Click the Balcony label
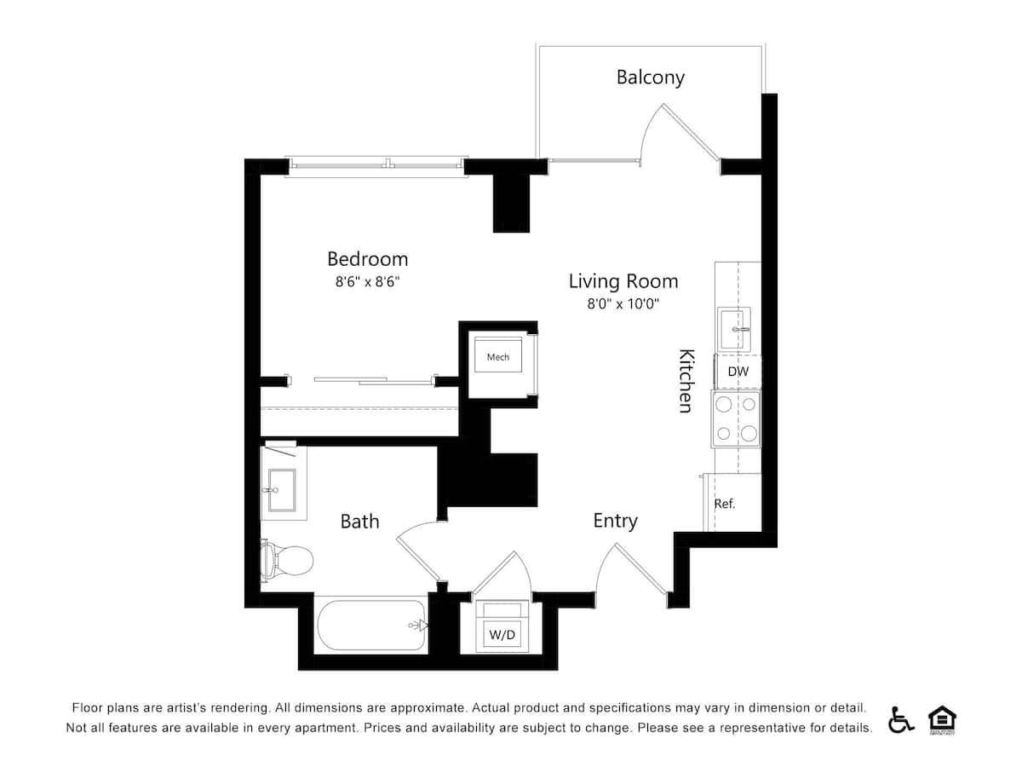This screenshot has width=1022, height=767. pyautogui.click(x=650, y=78)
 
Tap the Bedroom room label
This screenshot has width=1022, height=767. pyautogui.click(x=367, y=259)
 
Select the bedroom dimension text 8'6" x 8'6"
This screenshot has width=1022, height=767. pyautogui.click(x=367, y=282)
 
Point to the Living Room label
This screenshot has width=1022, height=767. pyautogui.click(x=623, y=281)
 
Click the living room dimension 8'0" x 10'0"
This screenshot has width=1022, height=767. pyautogui.click(x=623, y=303)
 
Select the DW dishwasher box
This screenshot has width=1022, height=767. pyautogui.click(x=738, y=372)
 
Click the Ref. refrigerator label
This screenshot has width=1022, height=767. pyautogui.click(x=725, y=504)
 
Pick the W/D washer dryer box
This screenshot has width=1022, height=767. pyautogui.click(x=501, y=635)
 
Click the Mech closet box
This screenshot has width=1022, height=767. pyautogui.click(x=498, y=357)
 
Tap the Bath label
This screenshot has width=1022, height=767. pyautogui.click(x=359, y=522)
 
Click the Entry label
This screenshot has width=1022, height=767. pyautogui.click(x=615, y=521)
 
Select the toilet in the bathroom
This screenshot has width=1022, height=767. pyautogui.click(x=286, y=560)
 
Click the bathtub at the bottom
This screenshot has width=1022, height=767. pyautogui.click(x=371, y=626)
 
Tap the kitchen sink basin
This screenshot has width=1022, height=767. pyautogui.click(x=734, y=328)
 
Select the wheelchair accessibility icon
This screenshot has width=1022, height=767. pyautogui.click(x=900, y=720)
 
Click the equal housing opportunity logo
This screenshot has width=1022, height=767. pyautogui.click(x=941, y=720)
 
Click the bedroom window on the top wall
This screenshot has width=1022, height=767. pyautogui.click(x=377, y=164)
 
